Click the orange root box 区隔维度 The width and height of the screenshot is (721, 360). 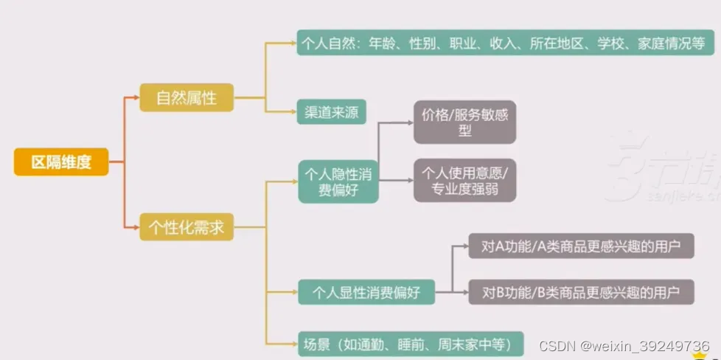coord(60,162)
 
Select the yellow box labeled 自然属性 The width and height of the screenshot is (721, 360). coord(187,97)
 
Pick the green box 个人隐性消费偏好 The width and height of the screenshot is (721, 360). coord(338,181)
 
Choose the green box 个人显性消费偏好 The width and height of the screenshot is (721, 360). coord(366,291)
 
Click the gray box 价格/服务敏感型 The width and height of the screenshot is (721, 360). coord(464,122)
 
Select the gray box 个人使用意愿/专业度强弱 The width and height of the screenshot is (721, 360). coord(464,181)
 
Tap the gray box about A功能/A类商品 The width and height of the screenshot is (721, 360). coord(581,246)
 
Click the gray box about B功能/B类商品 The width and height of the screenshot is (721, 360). coord(581,291)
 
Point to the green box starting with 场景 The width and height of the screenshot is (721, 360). coord(411,344)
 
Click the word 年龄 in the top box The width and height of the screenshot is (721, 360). coord(383,43)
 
